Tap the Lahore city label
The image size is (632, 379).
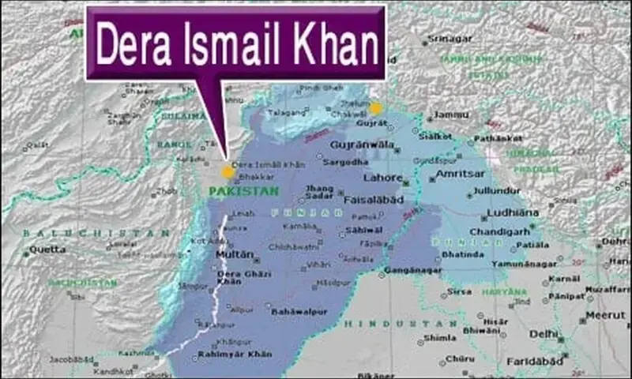(x=388, y=178)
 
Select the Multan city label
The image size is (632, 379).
(x=236, y=255)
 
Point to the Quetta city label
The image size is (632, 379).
(x=43, y=250)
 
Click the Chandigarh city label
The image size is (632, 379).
(x=498, y=231)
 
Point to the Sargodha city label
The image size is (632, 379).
(x=345, y=162)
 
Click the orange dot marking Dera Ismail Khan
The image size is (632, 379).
(x=228, y=171)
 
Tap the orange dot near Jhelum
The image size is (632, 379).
(x=375, y=108)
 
